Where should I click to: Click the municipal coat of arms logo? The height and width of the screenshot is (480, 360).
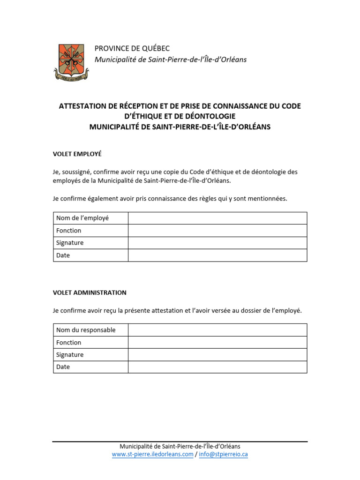[x=71, y=61]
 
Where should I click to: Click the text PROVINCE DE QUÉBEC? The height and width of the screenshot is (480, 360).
[x=132, y=48]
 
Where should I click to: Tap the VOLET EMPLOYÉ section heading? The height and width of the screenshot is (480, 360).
[x=77, y=153]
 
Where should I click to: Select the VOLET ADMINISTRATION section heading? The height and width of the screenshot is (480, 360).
[x=90, y=292]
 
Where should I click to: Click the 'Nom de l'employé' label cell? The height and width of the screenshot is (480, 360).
[x=82, y=218]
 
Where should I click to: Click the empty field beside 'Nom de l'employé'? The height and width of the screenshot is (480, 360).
[x=217, y=218]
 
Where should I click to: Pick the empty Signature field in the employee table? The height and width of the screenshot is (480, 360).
[x=217, y=243]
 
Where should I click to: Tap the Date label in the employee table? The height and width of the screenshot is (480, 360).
[x=63, y=255]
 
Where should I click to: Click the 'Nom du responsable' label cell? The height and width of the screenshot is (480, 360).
[x=86, y=330]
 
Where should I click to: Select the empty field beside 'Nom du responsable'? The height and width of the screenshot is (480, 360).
[x=217, y=330]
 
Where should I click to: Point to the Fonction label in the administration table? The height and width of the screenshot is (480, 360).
[x=68, y=343]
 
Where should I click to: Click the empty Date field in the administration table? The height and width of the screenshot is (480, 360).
[x=217, y=367]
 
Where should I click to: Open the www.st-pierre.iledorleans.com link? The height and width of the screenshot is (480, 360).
[x=152, y=454]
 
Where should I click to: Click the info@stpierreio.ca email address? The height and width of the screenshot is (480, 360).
[x=223, y=454]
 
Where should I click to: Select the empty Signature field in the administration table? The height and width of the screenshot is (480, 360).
[x=217, y=355]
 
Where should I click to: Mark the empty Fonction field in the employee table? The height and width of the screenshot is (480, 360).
[x=217, y=231]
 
